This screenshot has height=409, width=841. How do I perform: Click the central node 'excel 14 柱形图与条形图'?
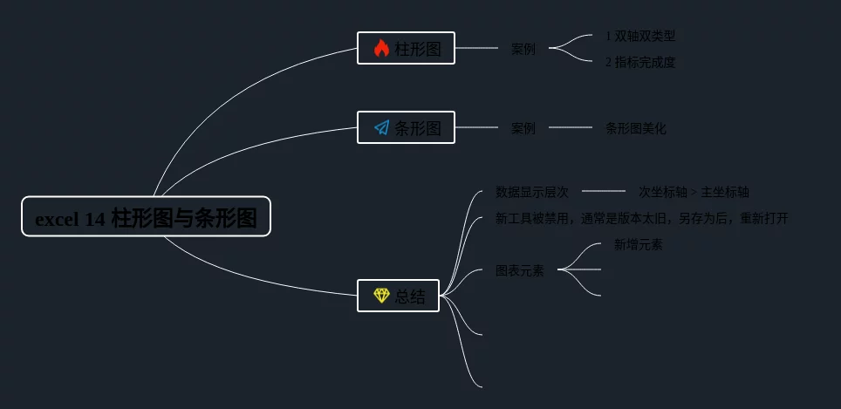coord(146,216)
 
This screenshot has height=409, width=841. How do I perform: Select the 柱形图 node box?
coord(406,48)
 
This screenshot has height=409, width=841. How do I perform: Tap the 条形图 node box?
coord(406,127)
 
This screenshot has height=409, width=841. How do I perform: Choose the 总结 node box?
coord(398,296)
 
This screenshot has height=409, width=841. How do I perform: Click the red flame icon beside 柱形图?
coord(381,49)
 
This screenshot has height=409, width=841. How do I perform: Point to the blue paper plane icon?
coord(381,128)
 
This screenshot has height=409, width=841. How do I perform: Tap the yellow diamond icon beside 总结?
coord(381,296)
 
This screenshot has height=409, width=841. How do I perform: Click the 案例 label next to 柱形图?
coord(523,49)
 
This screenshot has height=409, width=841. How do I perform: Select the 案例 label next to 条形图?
coord(523,128)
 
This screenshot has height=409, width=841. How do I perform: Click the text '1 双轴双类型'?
coord(640,36)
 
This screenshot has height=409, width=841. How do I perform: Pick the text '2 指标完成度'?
coord(640,62)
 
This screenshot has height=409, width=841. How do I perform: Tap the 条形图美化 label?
coord(635,128)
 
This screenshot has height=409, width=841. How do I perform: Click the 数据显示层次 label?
coord(531,192)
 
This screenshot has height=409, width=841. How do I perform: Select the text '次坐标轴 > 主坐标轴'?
coord(694,192)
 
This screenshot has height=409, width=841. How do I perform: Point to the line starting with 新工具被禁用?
coord(641,218)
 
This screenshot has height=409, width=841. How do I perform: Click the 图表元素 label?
coord(519,270)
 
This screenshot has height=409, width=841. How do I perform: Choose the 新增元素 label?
coord(638,244)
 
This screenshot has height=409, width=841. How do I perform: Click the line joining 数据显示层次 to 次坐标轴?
coord(603,191)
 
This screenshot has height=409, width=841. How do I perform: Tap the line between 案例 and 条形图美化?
coord(571,127)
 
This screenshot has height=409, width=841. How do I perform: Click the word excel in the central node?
coord(58,220)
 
